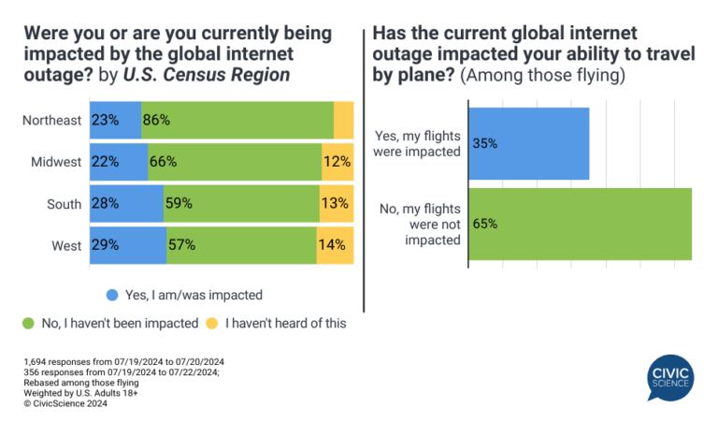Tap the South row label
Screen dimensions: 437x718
coord(64,203)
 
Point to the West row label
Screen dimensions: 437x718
coord(65,244)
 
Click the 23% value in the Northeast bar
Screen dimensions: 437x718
coord(105,121)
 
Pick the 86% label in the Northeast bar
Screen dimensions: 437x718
coord(157,121)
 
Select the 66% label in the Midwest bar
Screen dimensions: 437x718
coord(163,162)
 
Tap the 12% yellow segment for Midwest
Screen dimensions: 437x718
coord(337,162)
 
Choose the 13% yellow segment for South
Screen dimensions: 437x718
coord(336,203)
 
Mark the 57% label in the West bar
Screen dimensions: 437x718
coord(180,244)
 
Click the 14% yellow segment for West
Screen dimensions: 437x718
coord(334,244)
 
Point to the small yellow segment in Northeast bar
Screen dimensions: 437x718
coord(343,121)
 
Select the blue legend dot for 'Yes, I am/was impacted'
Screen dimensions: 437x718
coord(113,294)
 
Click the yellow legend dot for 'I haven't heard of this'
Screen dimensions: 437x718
coord(212,324)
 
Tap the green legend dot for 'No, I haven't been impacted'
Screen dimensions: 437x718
coord(28,324)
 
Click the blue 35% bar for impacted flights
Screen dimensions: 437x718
coord(528,143)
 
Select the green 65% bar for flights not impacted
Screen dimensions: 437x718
coord(579,225)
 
